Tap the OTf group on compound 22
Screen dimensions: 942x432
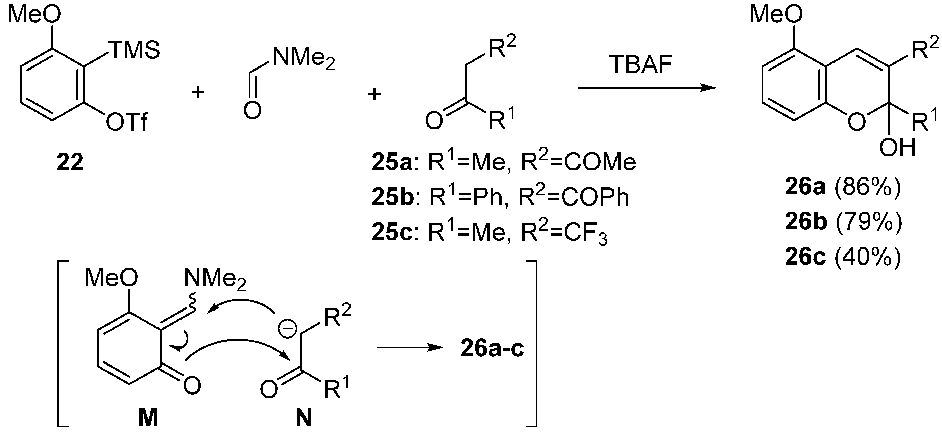click(127, 122)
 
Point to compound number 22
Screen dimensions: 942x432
click(70, 162)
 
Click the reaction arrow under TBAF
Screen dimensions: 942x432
click(646, 88)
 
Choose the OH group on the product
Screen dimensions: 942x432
click(898, 148)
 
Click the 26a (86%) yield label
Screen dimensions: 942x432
click(843, 188)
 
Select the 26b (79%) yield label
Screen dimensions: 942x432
click(843, 222)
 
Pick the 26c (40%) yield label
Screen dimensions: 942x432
click(843, 257)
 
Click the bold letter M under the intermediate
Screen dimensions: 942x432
click(148, 418)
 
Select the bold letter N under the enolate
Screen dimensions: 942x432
click(304, 418)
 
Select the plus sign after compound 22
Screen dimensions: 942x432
click(198, 92)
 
